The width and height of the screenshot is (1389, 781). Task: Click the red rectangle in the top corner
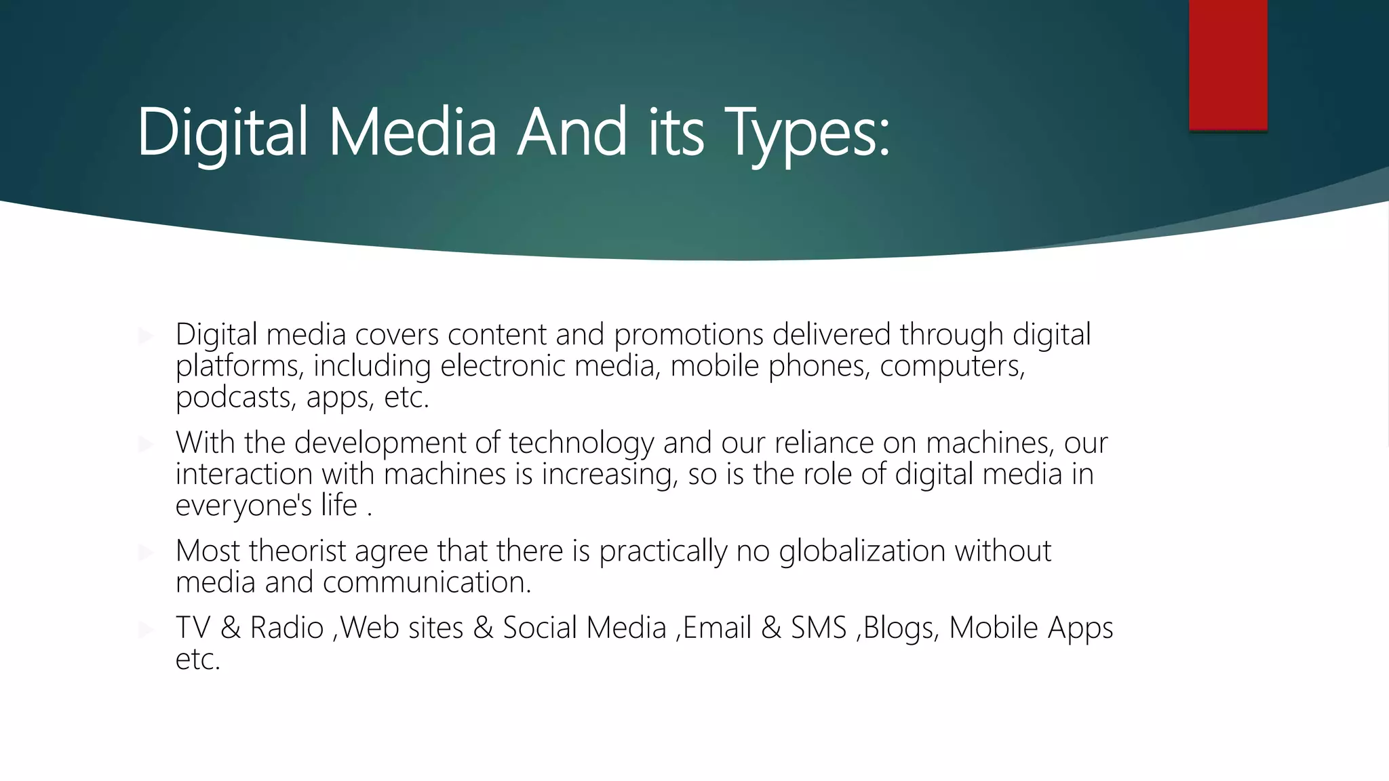1228,64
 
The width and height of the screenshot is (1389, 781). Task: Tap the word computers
952,367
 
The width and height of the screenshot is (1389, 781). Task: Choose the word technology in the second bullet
581,443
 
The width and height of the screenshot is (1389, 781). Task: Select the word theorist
298,551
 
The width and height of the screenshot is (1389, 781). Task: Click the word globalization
861,551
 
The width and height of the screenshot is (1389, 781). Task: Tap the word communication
427,582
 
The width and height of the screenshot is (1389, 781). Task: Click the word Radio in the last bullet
287,628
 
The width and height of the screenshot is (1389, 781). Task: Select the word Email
717,628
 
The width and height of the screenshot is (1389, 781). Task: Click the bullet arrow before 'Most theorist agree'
145,552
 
